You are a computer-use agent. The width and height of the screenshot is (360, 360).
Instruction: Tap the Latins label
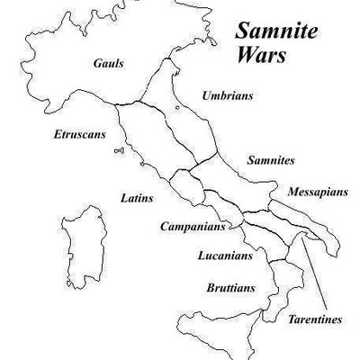136,196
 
